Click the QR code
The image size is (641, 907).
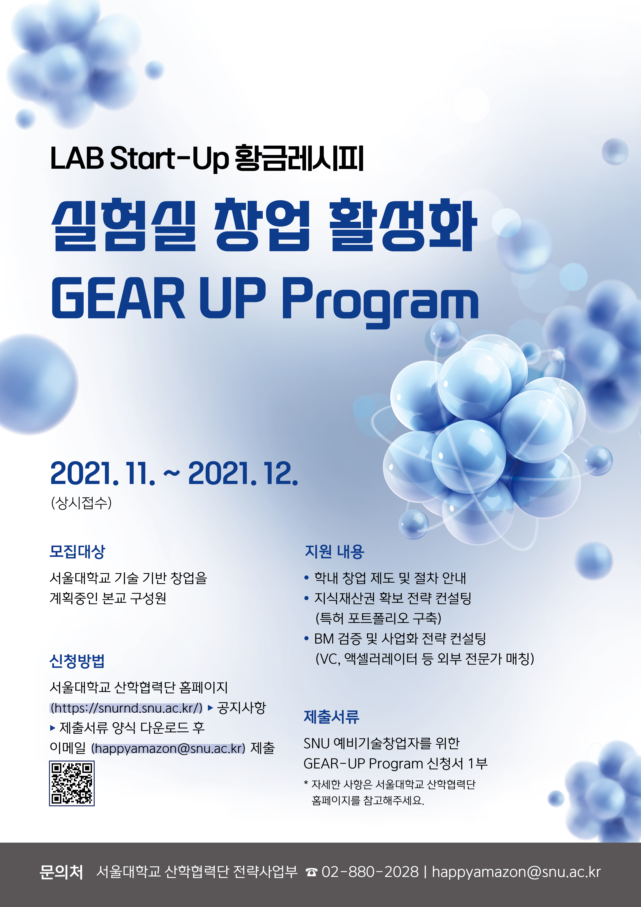(72, 783)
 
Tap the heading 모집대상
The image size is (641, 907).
(77, 551)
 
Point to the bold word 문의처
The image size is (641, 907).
(62, 872)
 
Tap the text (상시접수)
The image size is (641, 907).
(81, 503)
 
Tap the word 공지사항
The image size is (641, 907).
(242, 708)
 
